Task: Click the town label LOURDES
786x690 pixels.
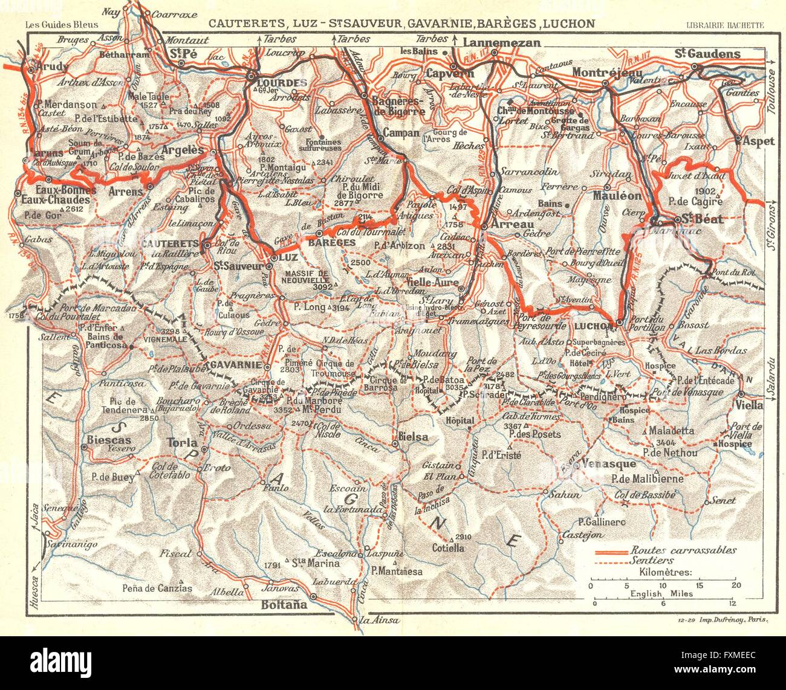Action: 274,82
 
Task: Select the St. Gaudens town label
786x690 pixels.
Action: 707,54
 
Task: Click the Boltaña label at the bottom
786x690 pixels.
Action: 284,603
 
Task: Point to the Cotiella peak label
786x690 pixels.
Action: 448,548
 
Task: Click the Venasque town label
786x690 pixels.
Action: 609,464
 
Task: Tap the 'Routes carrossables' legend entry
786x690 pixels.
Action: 683,550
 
